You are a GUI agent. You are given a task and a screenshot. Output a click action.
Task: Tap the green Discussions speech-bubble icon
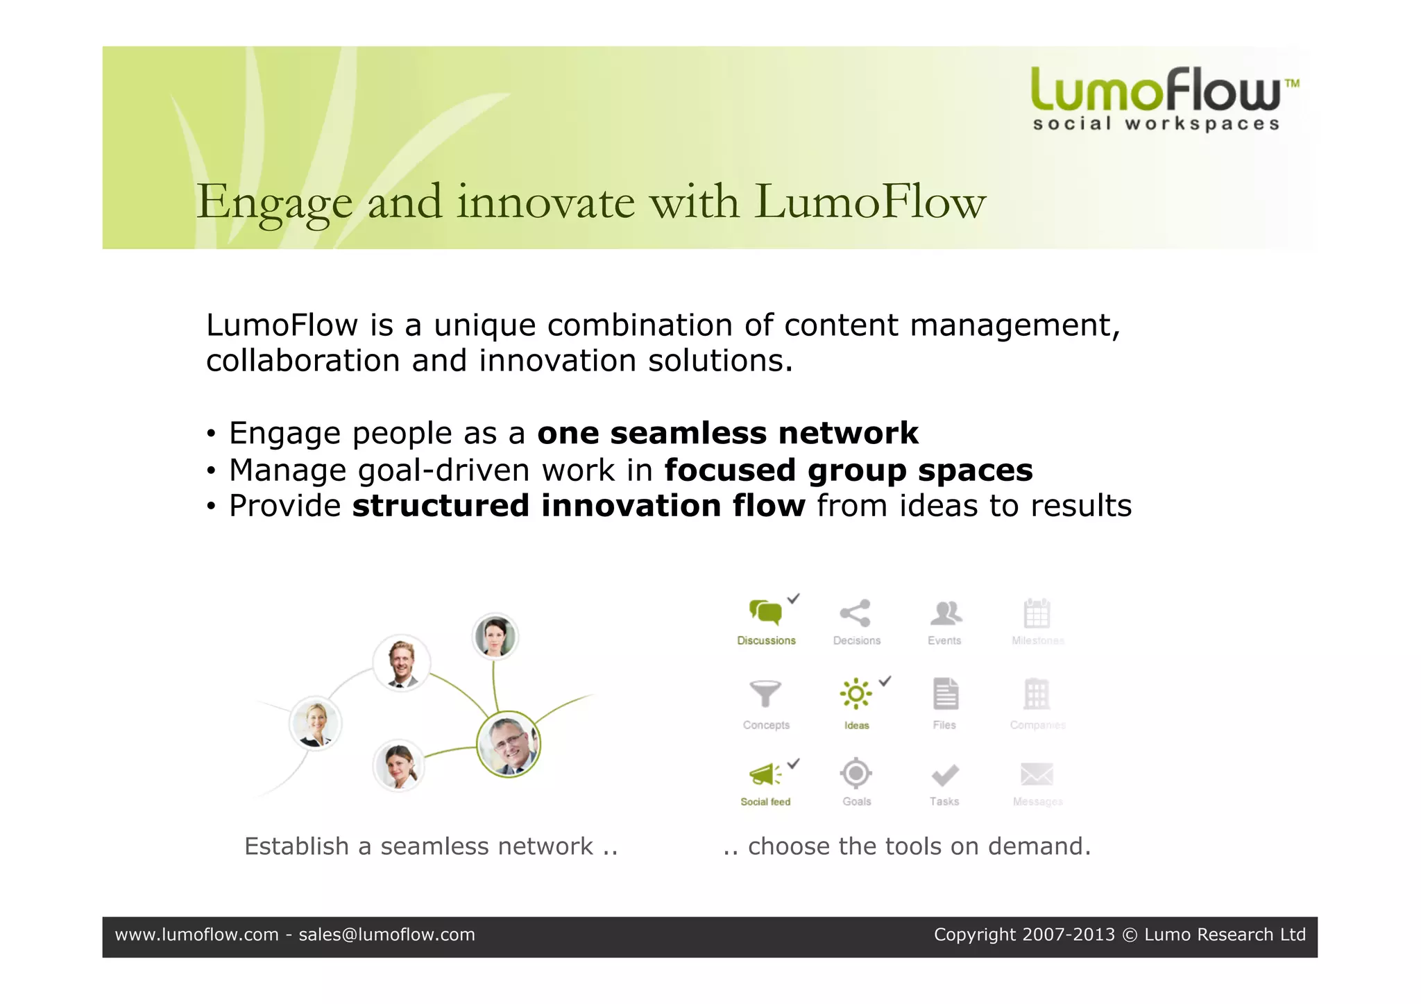point(765,613)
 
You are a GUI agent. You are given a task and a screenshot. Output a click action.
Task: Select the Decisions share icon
point(856,613)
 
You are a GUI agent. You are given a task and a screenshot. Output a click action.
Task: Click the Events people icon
point(945,613)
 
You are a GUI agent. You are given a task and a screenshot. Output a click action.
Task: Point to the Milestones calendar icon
point(1037,613)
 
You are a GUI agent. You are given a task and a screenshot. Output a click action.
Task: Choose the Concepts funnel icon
point(765,693)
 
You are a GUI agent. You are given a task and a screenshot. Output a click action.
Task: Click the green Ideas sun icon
point(856,694)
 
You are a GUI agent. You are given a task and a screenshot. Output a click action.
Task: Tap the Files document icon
point(945,694)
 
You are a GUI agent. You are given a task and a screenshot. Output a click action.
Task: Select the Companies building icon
point(1037,694)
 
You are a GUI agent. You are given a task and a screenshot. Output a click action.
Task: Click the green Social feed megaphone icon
point(765,774)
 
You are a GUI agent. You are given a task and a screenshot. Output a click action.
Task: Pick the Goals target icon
point(856,773)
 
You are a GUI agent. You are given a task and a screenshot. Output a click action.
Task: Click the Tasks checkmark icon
point(945,774)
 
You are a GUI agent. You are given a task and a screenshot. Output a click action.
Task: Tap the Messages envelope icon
point(1037,774)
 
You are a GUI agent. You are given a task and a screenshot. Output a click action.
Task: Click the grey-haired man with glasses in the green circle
point(509,745)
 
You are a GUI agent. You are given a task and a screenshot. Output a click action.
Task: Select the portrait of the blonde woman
point(316,724)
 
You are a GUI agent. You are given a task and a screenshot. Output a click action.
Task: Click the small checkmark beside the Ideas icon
point(885,681)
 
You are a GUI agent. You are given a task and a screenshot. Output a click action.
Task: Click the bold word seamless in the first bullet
point(688,434)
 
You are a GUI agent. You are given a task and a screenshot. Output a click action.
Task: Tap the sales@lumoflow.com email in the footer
point(386,935)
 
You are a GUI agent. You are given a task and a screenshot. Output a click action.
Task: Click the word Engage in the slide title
point(275,203)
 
